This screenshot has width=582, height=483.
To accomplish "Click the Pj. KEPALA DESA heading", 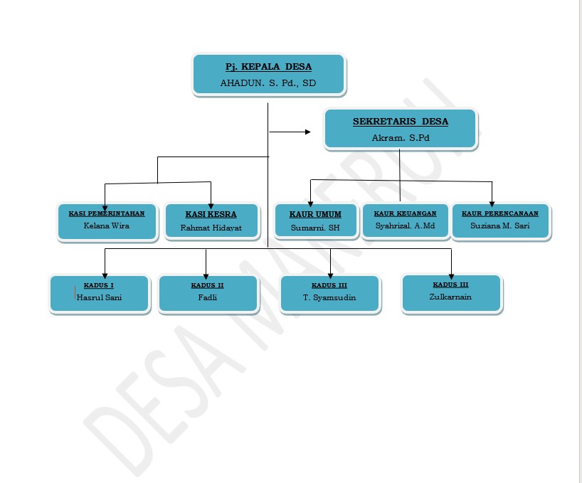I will click(x=268, y=67).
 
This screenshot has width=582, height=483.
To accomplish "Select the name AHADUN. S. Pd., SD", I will click(x=268, y=83).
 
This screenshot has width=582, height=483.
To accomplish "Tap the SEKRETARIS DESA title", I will click(x=401, y=122).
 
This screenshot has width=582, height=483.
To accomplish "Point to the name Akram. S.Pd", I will click(x=401, y=138).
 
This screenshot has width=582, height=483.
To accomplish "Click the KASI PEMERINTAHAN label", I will click(x=107, y=213).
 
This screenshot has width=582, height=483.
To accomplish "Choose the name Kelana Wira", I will click(x=107, y=226).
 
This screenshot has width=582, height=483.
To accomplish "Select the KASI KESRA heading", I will click(x=211, y=214).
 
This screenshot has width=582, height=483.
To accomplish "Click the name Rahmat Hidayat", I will click(x=211, y=229).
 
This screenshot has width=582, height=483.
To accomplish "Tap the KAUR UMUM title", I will click(x=315, y=214).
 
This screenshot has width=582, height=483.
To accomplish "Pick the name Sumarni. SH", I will click(x=315, y=228).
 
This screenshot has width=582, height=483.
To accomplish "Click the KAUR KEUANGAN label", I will click(x=405, y=213).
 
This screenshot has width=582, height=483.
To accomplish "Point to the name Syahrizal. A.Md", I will click(x=405, y=226).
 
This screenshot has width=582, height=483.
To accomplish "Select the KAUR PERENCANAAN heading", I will click(x=500, y=213).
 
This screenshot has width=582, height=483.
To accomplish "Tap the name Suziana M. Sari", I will click(x=500, y=226).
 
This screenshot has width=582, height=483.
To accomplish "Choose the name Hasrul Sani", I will click(x=99, y=297).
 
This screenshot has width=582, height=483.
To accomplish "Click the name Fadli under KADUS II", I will click(x=207, y=297).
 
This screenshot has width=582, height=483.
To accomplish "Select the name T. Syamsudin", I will click(x=329, y=297).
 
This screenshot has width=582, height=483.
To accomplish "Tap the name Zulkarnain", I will click(x=450, y=296).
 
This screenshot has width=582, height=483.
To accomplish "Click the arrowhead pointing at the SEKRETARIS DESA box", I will click(x=308, y=132).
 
